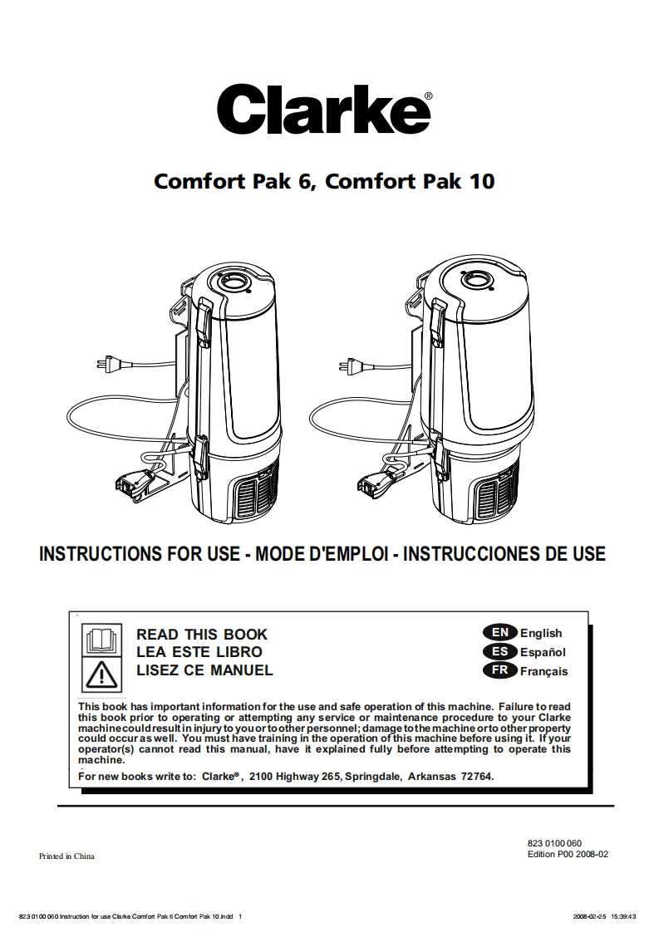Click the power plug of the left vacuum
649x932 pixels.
pyautogui.click(x=110, y=363)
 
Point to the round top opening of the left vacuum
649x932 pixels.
pyautogui.click(x=234, y=283)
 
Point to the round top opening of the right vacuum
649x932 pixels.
pyautogui.click(x=475, y=283)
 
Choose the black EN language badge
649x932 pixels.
pyautogui.click(x=499, y=633)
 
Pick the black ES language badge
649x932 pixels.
pyautogui.click(x=499, y=652)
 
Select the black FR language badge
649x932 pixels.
pyautogui.click(x=499, y=670)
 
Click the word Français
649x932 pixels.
pyautogui.click(x=544, y=671)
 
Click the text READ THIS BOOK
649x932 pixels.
pyautogui.click(x=202, y=635)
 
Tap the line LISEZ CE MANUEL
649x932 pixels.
pyautogui.click(x=204, y=670)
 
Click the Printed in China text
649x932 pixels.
pyautogui.click(x=66, y=856)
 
